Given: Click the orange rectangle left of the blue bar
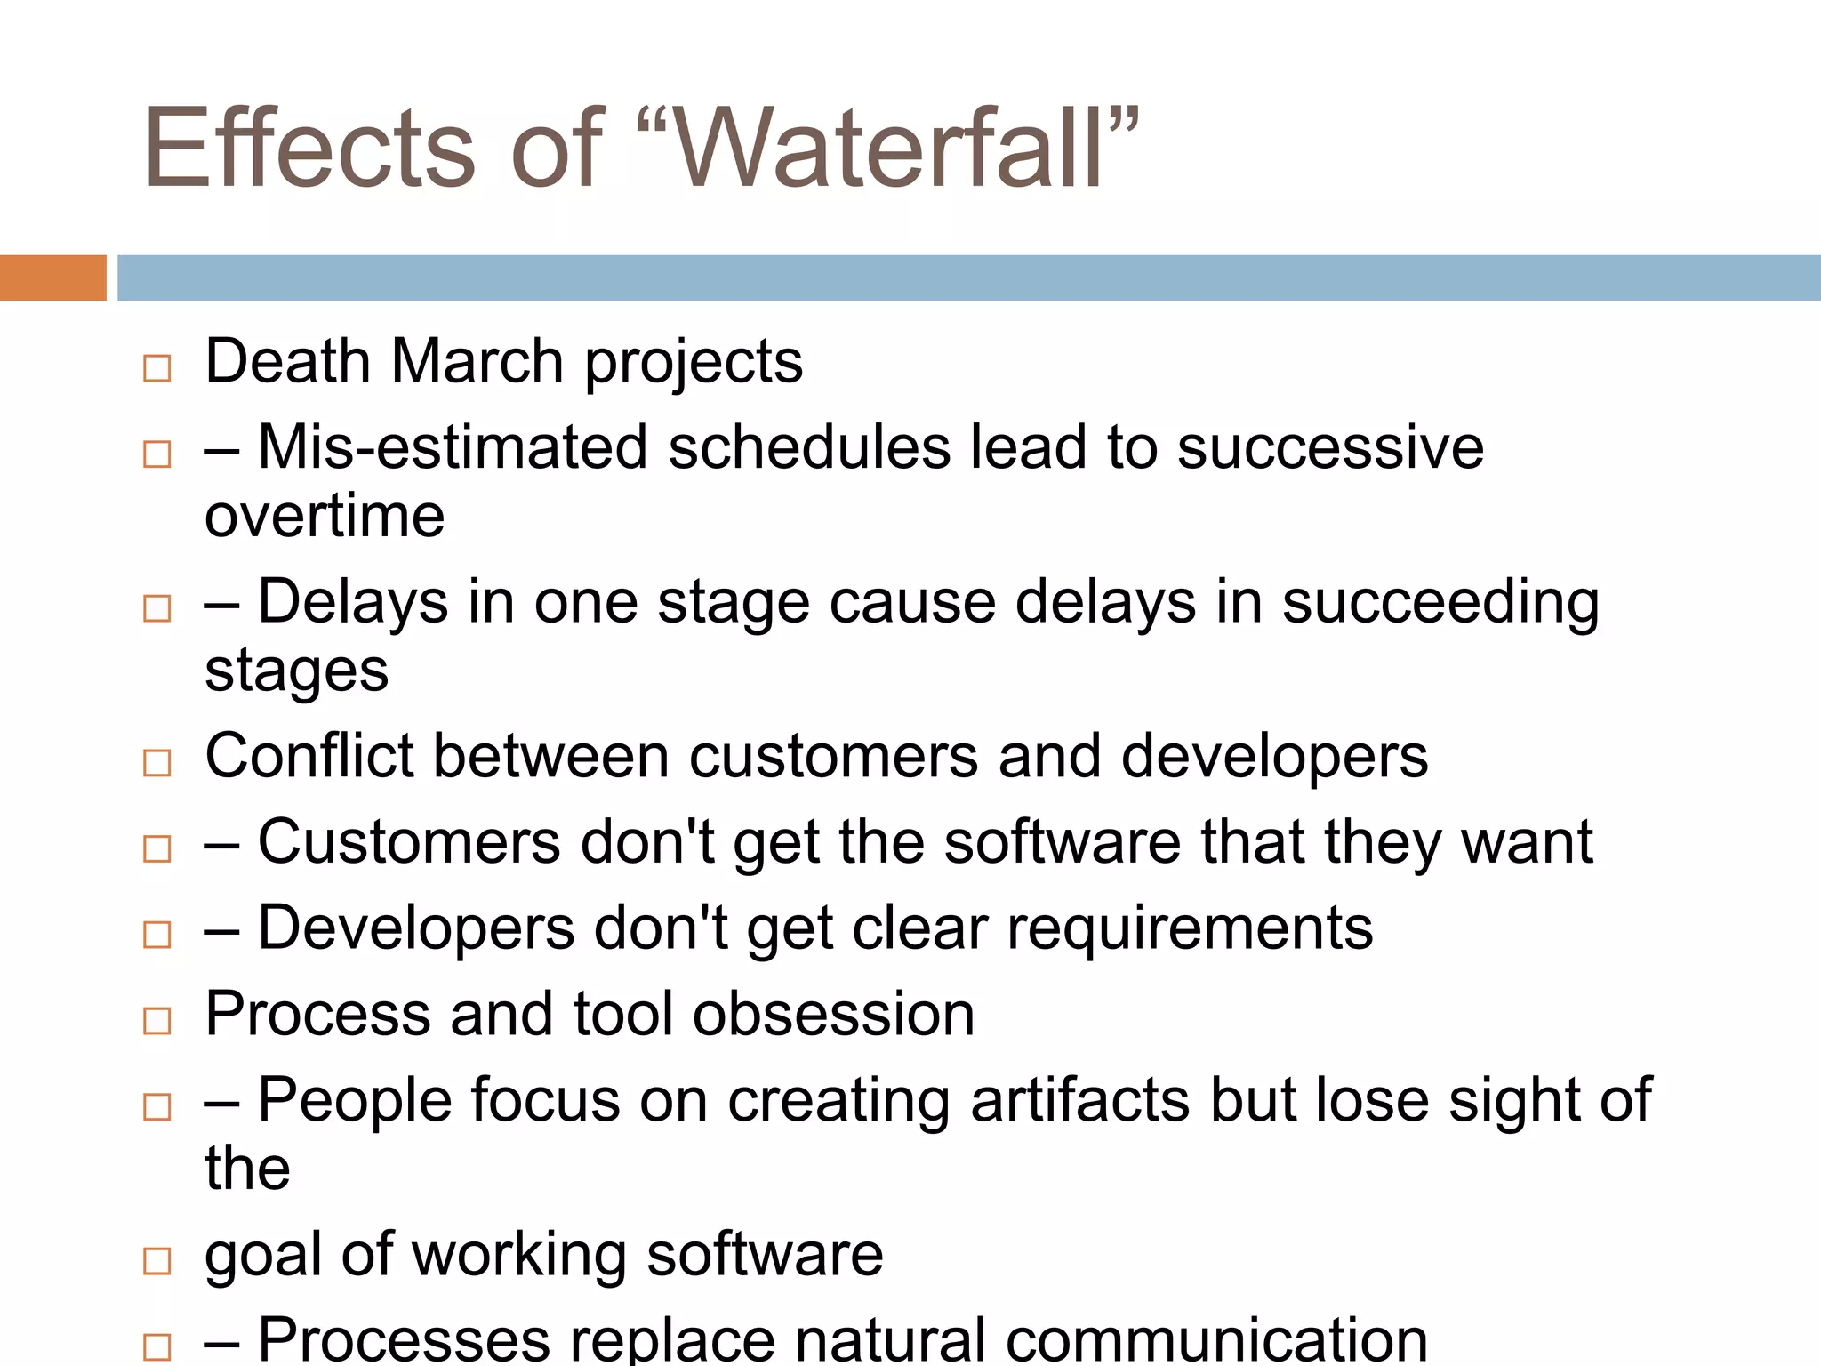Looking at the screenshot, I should (x=52, y=277).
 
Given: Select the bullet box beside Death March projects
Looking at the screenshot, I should (x=157, y=368).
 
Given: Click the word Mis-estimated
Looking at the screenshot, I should (x=452, y=446).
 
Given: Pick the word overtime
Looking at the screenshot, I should (x=325, y=516).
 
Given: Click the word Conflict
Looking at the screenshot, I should (x=309, y=756).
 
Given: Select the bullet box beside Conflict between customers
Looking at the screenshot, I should (x=157, y=762).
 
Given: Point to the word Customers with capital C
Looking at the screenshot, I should (x=409, y=841).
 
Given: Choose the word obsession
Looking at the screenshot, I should (x=833, y=1014).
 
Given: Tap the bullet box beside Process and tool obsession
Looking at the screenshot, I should (x=157, y=1020).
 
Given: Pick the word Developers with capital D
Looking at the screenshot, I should (x=416, y=928).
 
